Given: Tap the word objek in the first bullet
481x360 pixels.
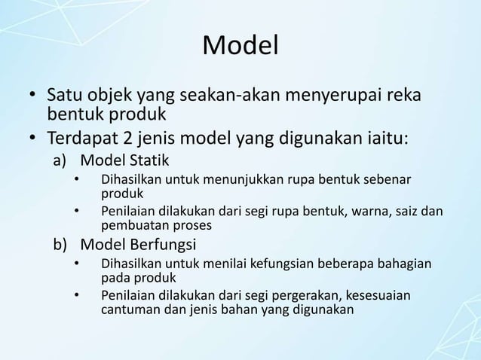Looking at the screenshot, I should [106, 97].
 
